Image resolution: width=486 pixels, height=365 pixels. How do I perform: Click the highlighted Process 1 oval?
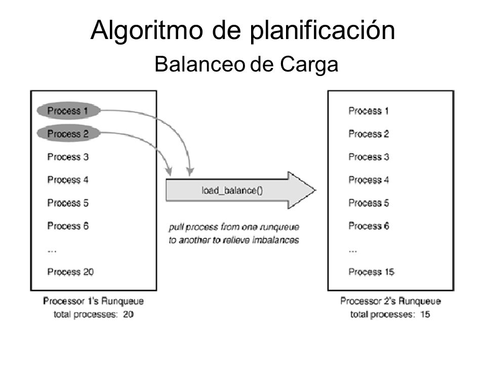(68, 111)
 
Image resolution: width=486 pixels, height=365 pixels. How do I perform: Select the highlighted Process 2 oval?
(68, 133)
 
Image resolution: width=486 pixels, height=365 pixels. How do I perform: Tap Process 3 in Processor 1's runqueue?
(68, 157)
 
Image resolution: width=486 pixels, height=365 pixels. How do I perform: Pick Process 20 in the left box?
(70, 272)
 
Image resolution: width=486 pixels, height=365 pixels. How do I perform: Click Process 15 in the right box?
(371, 272)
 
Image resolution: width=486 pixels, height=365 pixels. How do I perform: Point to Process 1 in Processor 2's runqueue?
(369, 111)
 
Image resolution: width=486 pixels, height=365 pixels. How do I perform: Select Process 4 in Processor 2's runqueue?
(369, 179)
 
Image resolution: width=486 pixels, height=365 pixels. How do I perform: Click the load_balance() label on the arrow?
(232, 190)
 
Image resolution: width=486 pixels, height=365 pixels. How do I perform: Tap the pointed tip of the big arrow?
(315, 190)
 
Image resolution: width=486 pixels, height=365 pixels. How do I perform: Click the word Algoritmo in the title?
(147, 30)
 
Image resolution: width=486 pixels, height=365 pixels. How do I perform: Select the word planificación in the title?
(322, 30)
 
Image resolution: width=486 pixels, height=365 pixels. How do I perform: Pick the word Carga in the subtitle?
(309, 64)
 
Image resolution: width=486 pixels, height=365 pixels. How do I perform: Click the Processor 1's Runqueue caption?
(93, 301)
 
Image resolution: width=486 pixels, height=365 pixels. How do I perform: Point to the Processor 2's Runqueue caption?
(390, 301)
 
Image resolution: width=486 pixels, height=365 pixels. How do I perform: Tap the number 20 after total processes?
(128, 314)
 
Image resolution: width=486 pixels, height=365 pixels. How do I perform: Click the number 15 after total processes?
(425, 314)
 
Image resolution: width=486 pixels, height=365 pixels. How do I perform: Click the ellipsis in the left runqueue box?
(52, 251)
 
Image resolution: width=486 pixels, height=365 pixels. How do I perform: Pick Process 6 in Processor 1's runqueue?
(68, 226)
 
